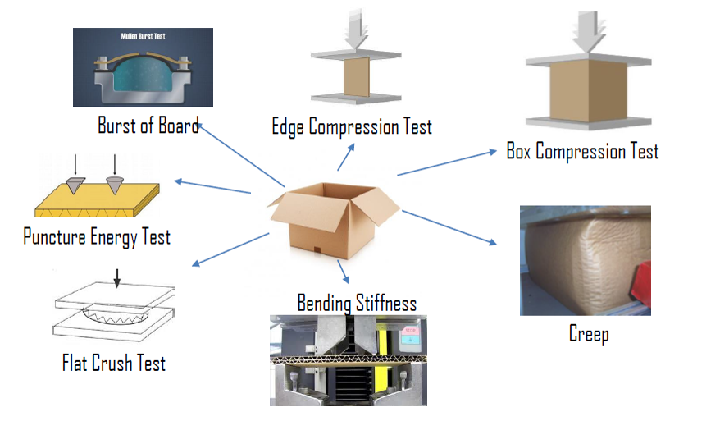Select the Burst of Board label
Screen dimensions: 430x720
(148, 126)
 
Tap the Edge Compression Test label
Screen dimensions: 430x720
(352, 126)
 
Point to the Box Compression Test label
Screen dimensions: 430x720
(582, 152)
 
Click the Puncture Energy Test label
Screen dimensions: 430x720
(97, 238)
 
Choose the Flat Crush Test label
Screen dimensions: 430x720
(114, 362)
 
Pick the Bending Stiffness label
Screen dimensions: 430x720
(357, 303)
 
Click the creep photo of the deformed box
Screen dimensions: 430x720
(585, 261)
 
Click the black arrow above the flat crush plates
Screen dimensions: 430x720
(116, 278)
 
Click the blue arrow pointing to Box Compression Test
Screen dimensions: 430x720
(448, 162)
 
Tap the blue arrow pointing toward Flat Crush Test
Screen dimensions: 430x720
(229, 249)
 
